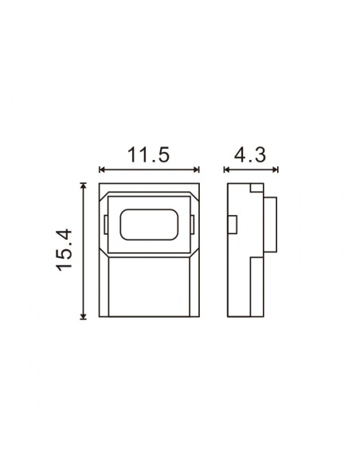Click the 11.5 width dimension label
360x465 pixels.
[148, 154]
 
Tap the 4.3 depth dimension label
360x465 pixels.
[250, 154]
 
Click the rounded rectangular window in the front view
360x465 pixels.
[148, 225]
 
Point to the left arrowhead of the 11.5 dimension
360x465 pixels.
[100, 170]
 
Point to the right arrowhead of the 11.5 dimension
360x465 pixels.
[196, 170]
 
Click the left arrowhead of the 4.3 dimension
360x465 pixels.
[227, 170]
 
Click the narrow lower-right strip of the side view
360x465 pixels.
[256, 287]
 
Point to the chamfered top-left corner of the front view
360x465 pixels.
[103, 189]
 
